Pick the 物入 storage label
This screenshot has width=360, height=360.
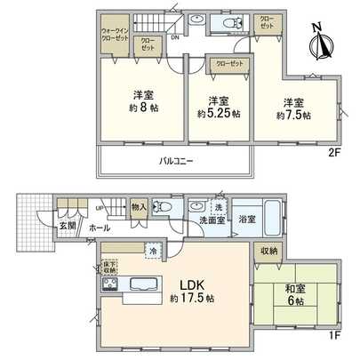[139, 207]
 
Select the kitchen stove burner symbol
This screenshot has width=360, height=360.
[110, 284]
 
